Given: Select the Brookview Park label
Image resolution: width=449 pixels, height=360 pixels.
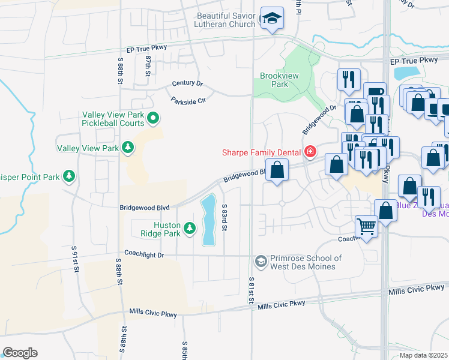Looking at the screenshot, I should pyautogui.click(x=274, y=80).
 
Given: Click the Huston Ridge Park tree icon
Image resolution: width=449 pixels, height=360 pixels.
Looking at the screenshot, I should pyautogui.click(x=190, y=229).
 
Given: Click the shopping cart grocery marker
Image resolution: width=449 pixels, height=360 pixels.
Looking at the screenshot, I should pyautogui.click(x=367, y=227).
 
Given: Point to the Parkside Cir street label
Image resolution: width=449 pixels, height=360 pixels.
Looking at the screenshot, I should pyautogui.click(x=188, y=100).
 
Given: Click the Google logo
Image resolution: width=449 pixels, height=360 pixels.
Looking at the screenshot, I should pyautogui.click(x=20, y=353).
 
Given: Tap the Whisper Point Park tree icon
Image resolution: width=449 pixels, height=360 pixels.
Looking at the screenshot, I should pyautogui.click(x=70, y=176).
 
